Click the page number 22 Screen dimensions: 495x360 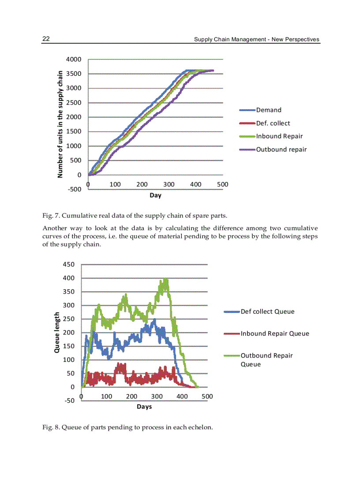46,39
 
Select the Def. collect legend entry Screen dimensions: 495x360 273,123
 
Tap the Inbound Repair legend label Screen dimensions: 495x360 279,136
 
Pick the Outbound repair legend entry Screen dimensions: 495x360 281,149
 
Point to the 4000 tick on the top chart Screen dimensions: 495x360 74,59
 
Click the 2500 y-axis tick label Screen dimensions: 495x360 74,103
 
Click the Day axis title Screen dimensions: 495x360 155,195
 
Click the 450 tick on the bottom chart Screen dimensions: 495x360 69,264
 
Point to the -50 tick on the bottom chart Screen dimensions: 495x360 69,401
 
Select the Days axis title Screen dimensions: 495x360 144,407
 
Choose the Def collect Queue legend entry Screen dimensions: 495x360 267,312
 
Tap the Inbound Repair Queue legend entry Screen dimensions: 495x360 274,334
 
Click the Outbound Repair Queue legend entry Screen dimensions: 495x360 266,360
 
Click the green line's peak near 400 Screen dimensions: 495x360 165,279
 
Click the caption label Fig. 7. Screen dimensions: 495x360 50,216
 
